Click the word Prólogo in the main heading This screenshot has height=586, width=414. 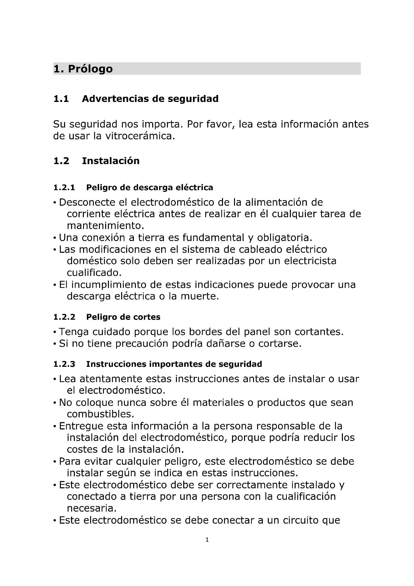coord(90,69)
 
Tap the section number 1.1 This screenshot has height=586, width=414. coord(61,99)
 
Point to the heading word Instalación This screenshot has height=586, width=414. coord(111,161)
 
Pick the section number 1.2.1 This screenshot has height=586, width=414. coord(64,188)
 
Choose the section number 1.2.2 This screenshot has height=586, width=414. coord(64,317)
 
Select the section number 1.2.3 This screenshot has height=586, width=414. coord(64,364)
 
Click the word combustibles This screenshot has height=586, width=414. coord(100,414)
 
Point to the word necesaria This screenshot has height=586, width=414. coord(92,508)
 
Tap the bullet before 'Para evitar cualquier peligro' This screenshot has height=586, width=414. coord(55,462)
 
